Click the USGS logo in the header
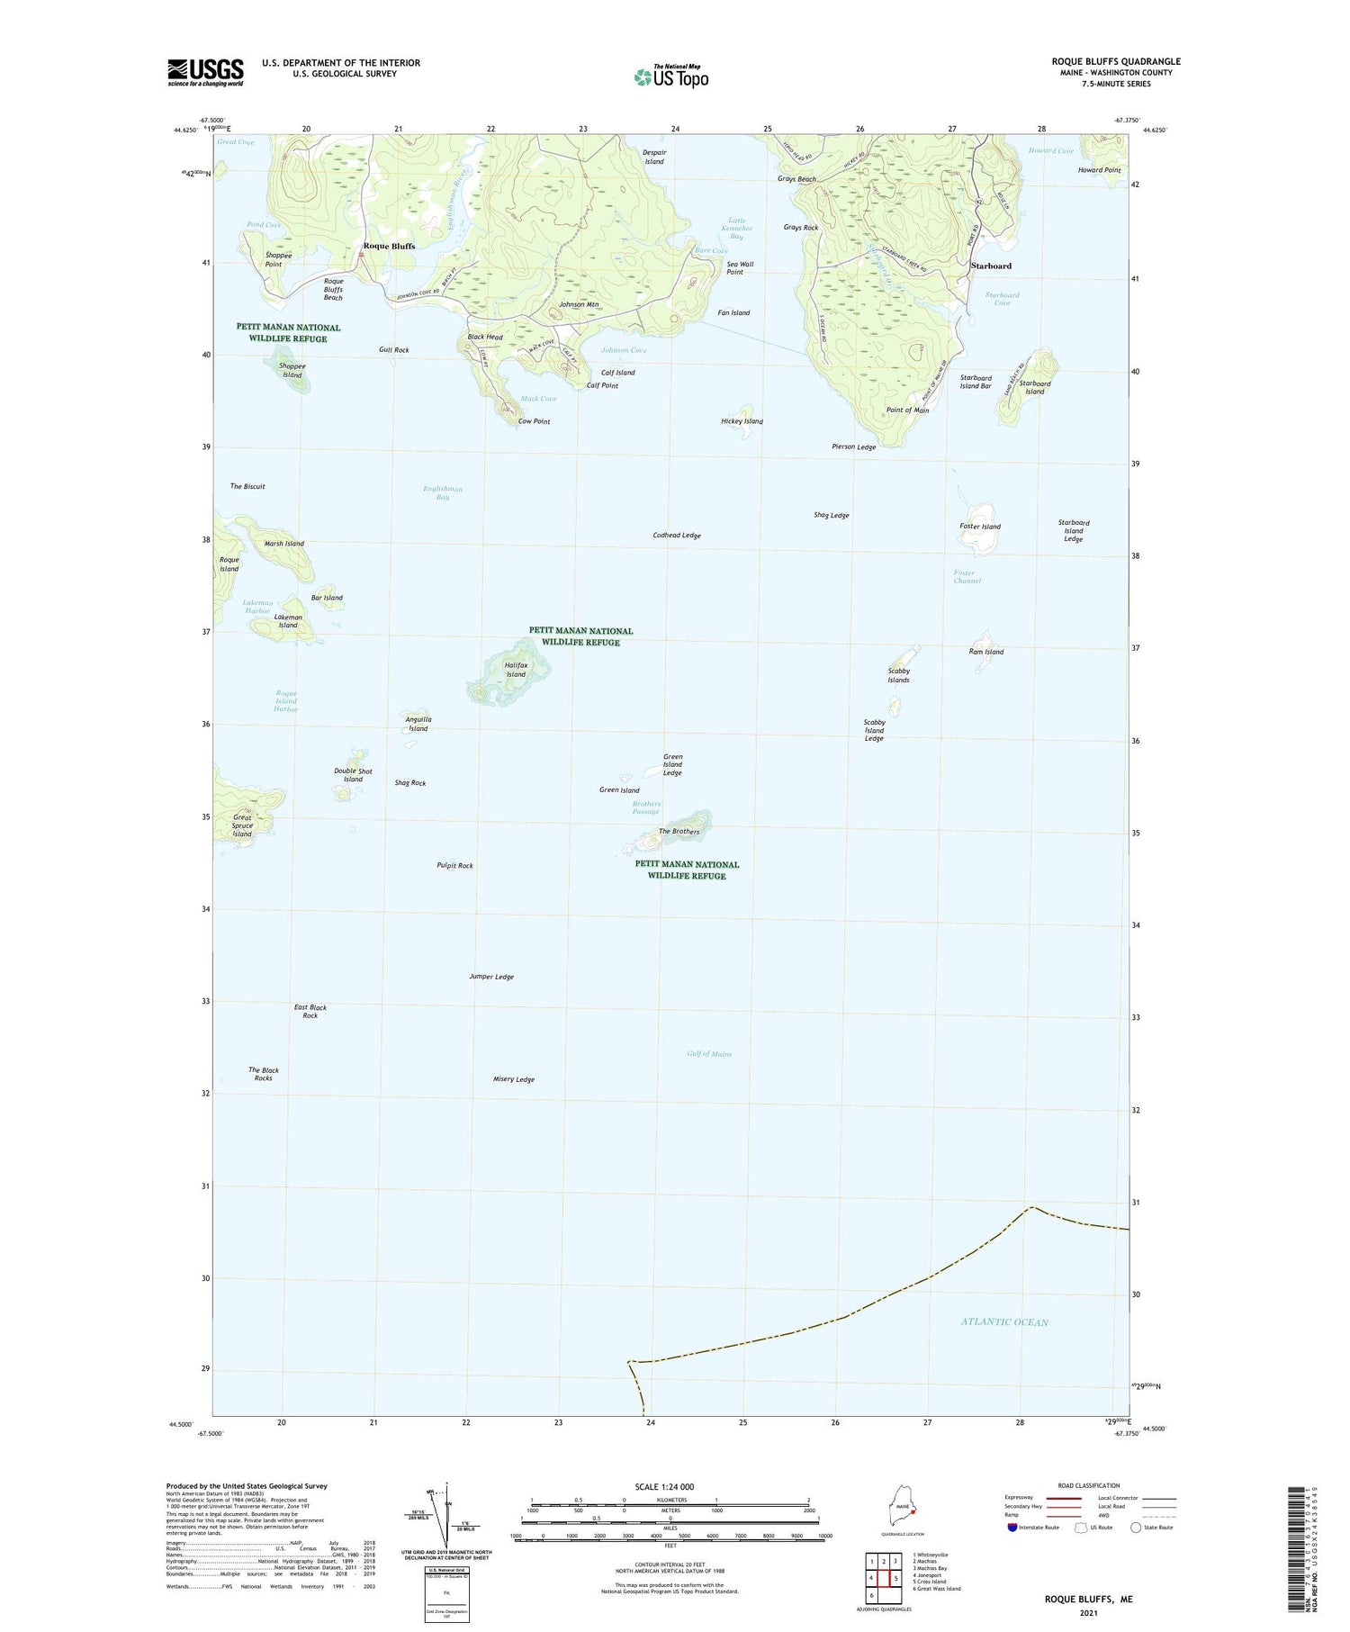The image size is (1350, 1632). [205, 72]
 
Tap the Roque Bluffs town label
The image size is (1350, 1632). [389, 247]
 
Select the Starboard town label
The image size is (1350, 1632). [991, 266]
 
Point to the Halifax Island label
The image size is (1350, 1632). [516, 670]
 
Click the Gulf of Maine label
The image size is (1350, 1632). [709, 1054]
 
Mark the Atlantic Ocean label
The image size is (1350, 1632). [1004, 1322]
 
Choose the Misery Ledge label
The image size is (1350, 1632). [514, 1079]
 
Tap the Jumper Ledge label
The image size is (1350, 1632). [491, 977]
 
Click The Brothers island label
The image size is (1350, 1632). [679, 832]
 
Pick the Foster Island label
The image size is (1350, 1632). [980, 527]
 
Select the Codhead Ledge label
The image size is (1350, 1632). [677, 536]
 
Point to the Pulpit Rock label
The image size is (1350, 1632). [454, 866]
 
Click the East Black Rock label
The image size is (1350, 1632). [310, 1012]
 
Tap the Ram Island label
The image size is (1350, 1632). [986, 652]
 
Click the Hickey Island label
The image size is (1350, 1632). [742, 421]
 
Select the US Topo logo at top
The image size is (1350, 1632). [671, 77]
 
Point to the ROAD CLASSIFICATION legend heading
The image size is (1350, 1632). [1089, 1486]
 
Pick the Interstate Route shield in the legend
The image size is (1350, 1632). [1012, 1528]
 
